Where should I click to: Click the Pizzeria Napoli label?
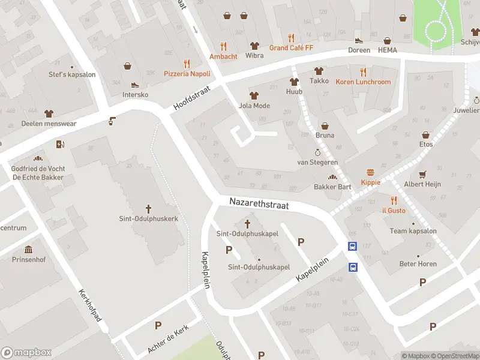coord(187,74)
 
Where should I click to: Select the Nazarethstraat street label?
coord(259,205)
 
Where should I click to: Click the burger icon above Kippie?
coord(370,172)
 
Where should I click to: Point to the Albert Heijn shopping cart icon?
coord(422,174)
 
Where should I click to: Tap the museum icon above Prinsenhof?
coord(28,250)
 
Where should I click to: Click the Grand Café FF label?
coord(291,47)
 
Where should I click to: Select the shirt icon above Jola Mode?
coord(254,95)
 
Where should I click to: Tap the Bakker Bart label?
coord(332,187)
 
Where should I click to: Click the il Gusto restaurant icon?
coord(394,200)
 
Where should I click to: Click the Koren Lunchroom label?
coord(363,82)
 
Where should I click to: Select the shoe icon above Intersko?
coord(135,85)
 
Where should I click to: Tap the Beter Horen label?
coord(418,264)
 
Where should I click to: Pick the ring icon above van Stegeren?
coord(317,152)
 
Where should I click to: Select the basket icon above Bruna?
coord(325,126)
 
